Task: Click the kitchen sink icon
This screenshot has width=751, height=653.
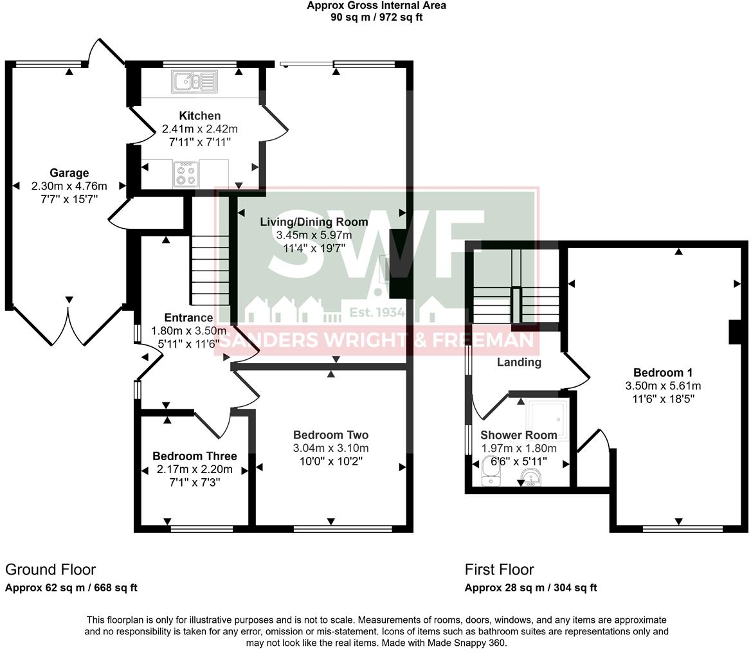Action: click(194, 82)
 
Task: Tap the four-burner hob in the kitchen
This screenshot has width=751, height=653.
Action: click(186, 174)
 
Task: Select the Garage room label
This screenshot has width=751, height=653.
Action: click(69, 173)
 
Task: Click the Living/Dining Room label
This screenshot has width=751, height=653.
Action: click(314, 222)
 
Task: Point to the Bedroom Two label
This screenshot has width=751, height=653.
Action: click(330, 434)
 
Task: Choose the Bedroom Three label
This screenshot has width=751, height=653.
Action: click(194, 456)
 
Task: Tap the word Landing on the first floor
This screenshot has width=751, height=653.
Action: click(519, 362)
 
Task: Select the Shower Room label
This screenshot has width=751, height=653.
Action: click(518, 435)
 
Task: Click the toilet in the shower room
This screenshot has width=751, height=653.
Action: click(491, 473)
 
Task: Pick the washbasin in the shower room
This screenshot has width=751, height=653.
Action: click(530, 478)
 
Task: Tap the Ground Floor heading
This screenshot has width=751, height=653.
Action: click(50, 569)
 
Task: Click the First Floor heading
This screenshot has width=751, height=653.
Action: click(500, 569)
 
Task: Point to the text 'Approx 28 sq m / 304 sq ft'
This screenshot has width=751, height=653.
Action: click(530, 587)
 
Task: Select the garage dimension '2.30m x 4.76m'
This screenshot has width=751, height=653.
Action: click(69, 186)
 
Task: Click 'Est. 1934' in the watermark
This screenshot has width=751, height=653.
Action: click(377, 313)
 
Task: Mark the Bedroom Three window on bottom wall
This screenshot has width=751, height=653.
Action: click(202, 529)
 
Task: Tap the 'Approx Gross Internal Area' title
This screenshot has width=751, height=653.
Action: click(376, 6)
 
